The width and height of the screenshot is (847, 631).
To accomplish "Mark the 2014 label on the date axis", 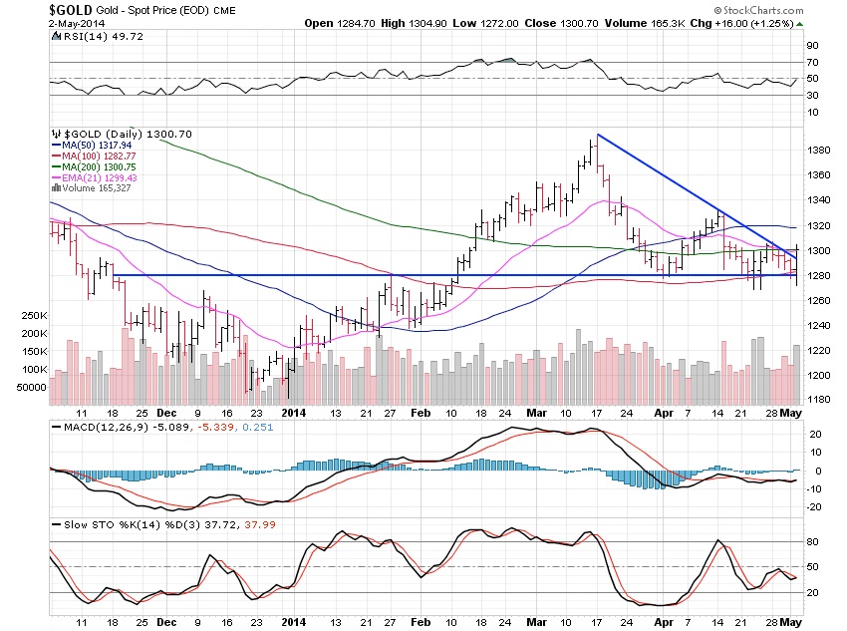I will pyautogui.click(x=294, y=411).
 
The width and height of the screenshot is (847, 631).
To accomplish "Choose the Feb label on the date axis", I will pyautogui.click(x=422, y=411).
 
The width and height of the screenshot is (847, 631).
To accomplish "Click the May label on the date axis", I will pyautogui.click(x=791, y=411).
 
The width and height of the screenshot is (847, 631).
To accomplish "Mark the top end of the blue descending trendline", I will pyautogui.click(x=597, y=134).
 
